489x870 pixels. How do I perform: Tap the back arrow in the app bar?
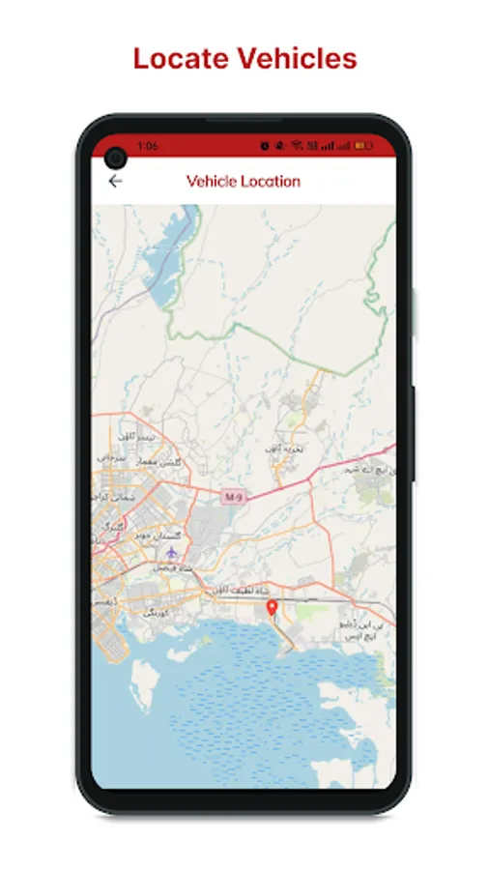(116, 181)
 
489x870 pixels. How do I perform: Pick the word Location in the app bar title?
(271, 181)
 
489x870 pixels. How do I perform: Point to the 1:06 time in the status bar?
(148, 146)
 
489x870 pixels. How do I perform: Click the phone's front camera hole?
(117, 157)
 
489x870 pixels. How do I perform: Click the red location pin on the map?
(272, 608)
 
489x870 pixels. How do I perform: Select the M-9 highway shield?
(232, 496)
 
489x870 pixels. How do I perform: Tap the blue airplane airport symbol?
(172, 552)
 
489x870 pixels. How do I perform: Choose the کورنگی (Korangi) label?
(155, 613)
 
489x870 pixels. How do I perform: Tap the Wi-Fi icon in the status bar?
(299, 146)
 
